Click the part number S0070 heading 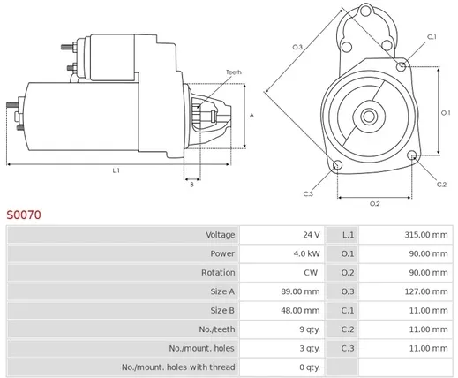24,215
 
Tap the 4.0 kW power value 306,253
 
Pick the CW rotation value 311,272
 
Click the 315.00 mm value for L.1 426,235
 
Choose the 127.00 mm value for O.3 426,291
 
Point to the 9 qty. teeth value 310,329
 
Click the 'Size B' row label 222,310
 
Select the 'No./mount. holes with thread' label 178,367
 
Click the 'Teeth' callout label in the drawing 234,72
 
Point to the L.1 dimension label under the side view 116,170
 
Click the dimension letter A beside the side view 252,116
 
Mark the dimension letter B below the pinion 191,185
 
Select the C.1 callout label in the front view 432,37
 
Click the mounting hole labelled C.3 337,164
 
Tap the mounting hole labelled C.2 412,155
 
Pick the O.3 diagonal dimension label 297,47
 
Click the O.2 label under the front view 375,204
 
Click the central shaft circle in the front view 369,117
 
